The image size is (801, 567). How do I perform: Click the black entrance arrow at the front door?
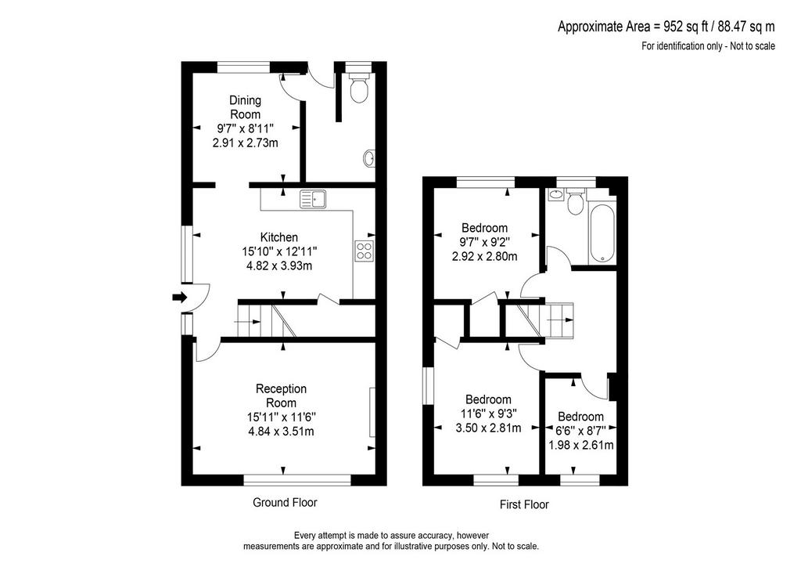[180, 298]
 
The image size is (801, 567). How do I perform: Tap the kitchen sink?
[313, 198]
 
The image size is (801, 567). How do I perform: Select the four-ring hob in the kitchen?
[365, 251]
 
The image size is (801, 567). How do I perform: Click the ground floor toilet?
[358, 88]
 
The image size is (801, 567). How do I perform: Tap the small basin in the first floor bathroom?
[555, 194]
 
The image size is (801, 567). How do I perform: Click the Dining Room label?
[245, 107]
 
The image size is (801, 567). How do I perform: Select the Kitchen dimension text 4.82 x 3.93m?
[279, 265]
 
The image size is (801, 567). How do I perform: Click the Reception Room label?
[281, 395]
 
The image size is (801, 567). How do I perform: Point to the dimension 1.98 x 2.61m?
[581, 446]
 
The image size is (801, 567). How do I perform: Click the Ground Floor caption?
[285, 503]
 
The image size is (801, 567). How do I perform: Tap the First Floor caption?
[524, 504]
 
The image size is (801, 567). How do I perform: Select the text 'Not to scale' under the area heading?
[753, 46]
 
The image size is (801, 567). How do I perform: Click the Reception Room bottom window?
[297, 479]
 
